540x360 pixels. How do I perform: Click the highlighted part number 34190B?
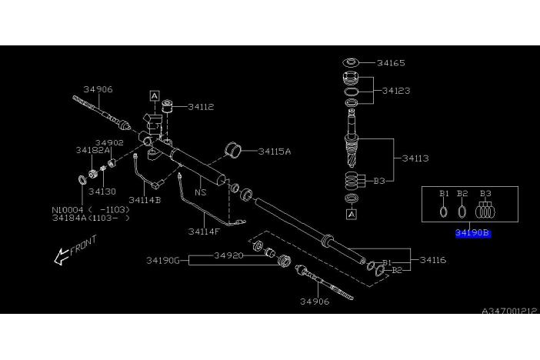472,232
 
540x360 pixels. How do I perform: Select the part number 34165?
391,63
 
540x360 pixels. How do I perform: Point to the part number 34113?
415,158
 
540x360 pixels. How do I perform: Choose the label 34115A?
275,152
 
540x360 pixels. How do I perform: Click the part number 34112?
199,108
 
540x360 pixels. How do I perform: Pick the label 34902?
109,142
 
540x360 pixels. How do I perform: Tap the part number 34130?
102,191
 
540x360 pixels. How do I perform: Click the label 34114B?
145,200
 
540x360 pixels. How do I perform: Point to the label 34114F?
204,230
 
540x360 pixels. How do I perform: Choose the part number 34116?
433,261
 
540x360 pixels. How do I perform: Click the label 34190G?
163,261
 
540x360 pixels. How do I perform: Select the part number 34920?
228,255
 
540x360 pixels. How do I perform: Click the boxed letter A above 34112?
155,96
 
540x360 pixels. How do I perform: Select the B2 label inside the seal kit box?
462,193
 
